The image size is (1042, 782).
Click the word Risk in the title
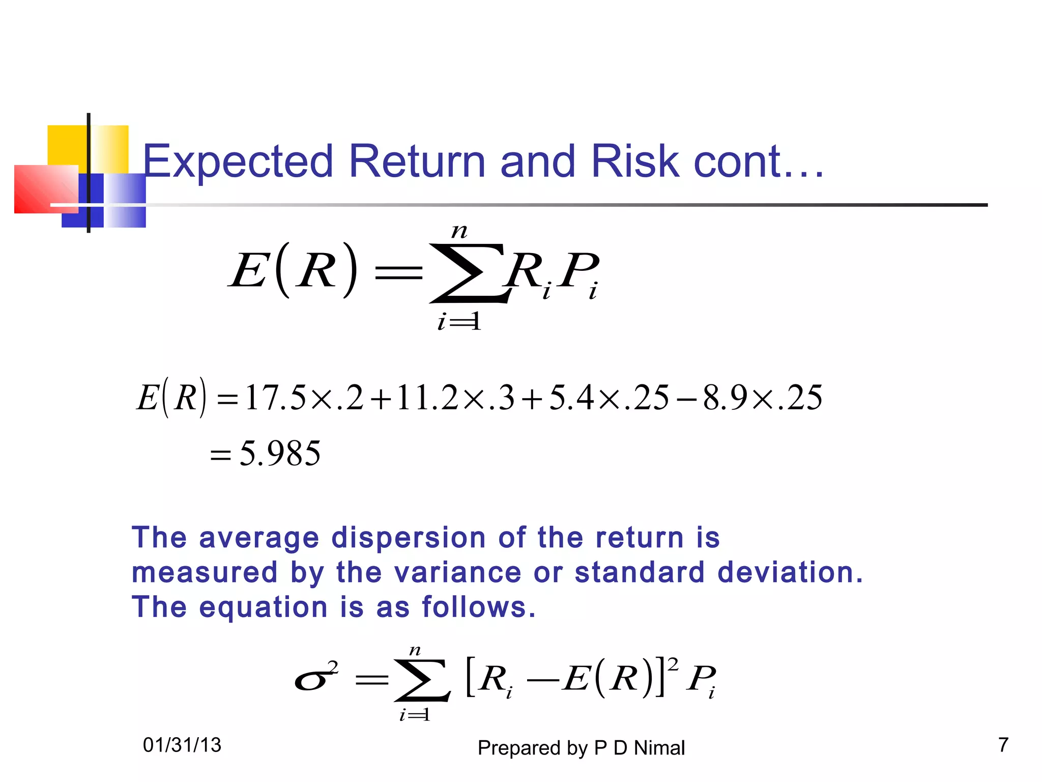(x=635, y=161)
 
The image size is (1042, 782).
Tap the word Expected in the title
(x=238, y=161)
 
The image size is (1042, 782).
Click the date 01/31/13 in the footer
(x=182, y=745)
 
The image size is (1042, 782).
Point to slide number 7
(x=1003, y=745)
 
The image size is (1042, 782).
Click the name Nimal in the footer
(x=659, y=748)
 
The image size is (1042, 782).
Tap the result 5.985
(x=280, y=453)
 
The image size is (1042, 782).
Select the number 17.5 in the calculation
(x=275, y=398)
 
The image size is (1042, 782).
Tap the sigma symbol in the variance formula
(x=311, y=680)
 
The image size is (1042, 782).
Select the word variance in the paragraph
(x=457, y=572)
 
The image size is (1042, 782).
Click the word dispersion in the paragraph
(x=409, y=538)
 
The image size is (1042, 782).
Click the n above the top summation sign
(x=459, y=232)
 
